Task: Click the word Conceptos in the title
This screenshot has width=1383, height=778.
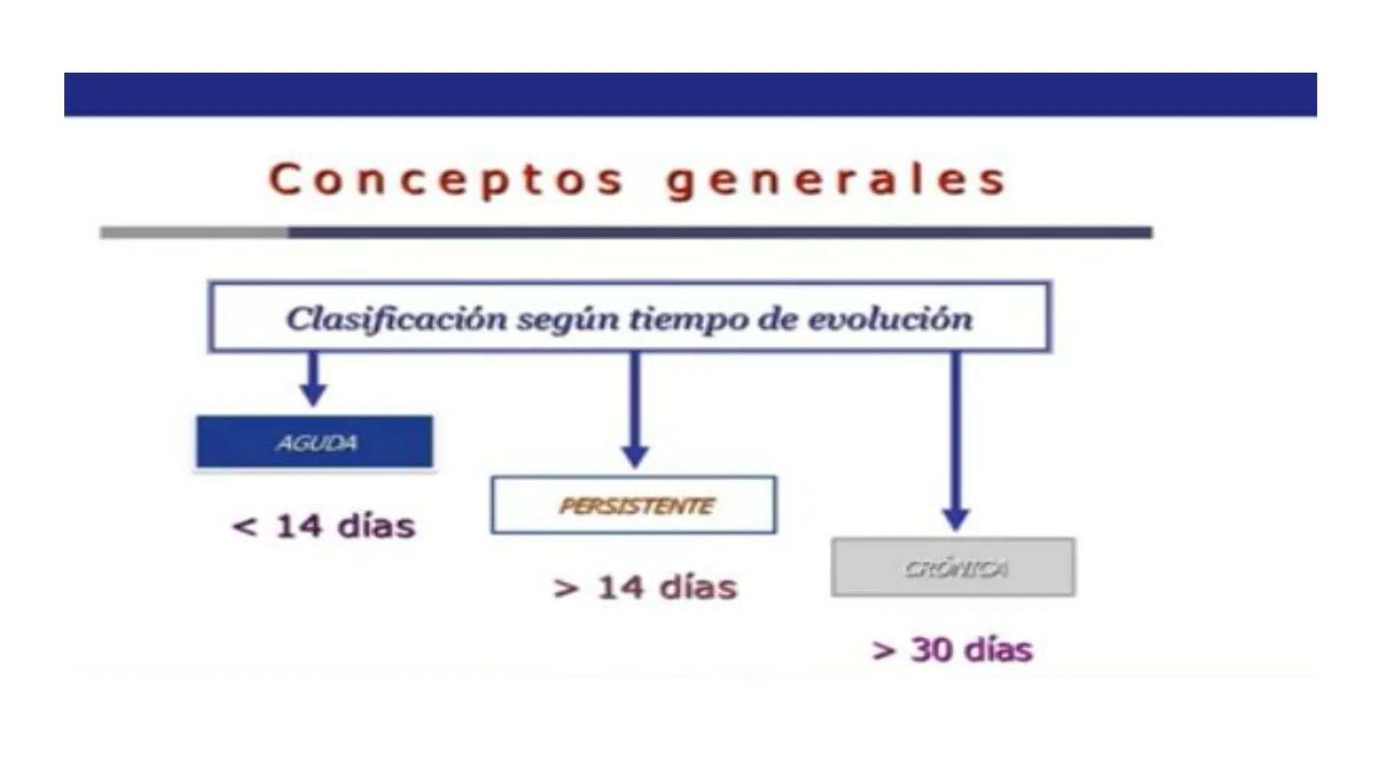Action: coord(447,179)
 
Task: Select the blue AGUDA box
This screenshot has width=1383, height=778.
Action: coord(315,442)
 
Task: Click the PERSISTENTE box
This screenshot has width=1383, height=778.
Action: coord(634,505)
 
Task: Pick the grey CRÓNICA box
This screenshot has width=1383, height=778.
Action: coord(953,568)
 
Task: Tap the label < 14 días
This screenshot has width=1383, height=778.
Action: coord(324,526)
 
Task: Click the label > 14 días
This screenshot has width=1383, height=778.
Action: coord(645,588)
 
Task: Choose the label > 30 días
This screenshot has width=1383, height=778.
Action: coord(952,650)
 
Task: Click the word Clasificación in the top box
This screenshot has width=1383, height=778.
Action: coord(396,318)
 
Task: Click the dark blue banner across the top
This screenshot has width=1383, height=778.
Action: coord(690,94)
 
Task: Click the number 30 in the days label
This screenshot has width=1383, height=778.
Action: coord(933,649)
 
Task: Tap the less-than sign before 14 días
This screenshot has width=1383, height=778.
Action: coord(244,527)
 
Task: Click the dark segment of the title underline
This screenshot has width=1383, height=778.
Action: coord(720,233)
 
